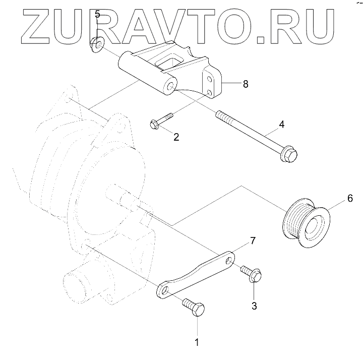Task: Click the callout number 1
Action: coord(197,342)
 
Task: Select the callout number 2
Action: coord(176,137)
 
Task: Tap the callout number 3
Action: coord(254,306)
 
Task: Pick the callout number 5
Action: coord(97,15)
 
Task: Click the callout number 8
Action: coord(245,84)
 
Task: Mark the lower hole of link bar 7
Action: coord(164,290)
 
